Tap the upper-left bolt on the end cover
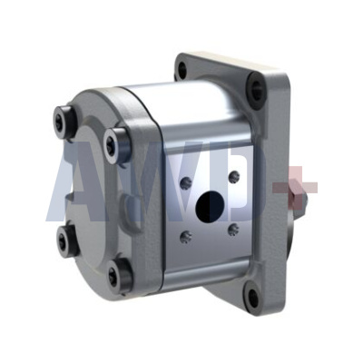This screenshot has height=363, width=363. click(64, 118)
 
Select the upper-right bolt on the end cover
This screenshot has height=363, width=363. click(114, 140)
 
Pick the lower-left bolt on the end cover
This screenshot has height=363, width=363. click(64, 240)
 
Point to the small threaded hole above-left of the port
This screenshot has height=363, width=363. click(186, 182)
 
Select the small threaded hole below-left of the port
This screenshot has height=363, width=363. click(186, 238)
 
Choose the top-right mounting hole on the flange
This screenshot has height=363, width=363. click(257, 89)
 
